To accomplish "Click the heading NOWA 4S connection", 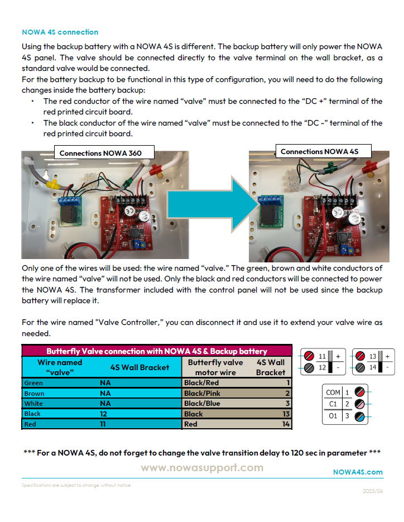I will click(x=60, y=32).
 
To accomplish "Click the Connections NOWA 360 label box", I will click(x=100, y=153).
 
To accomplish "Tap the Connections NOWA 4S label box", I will click(x=319, y=151).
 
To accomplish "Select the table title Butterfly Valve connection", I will click(x=157, y=351).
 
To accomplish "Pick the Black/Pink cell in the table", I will click(x=202, y=393).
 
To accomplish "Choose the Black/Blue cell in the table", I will click(x=202, y=404).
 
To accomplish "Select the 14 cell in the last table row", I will click(x=285, y=424).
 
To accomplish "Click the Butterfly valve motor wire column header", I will click(x=215, y=367).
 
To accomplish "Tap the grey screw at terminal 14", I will click(x=360, y=367).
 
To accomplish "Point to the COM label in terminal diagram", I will click(x=333, y=392).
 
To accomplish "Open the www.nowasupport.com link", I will click(x=202, y=468).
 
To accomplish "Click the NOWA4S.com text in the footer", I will click(x=358, y=472).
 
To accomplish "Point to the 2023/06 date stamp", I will click(x=373, y=491).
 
